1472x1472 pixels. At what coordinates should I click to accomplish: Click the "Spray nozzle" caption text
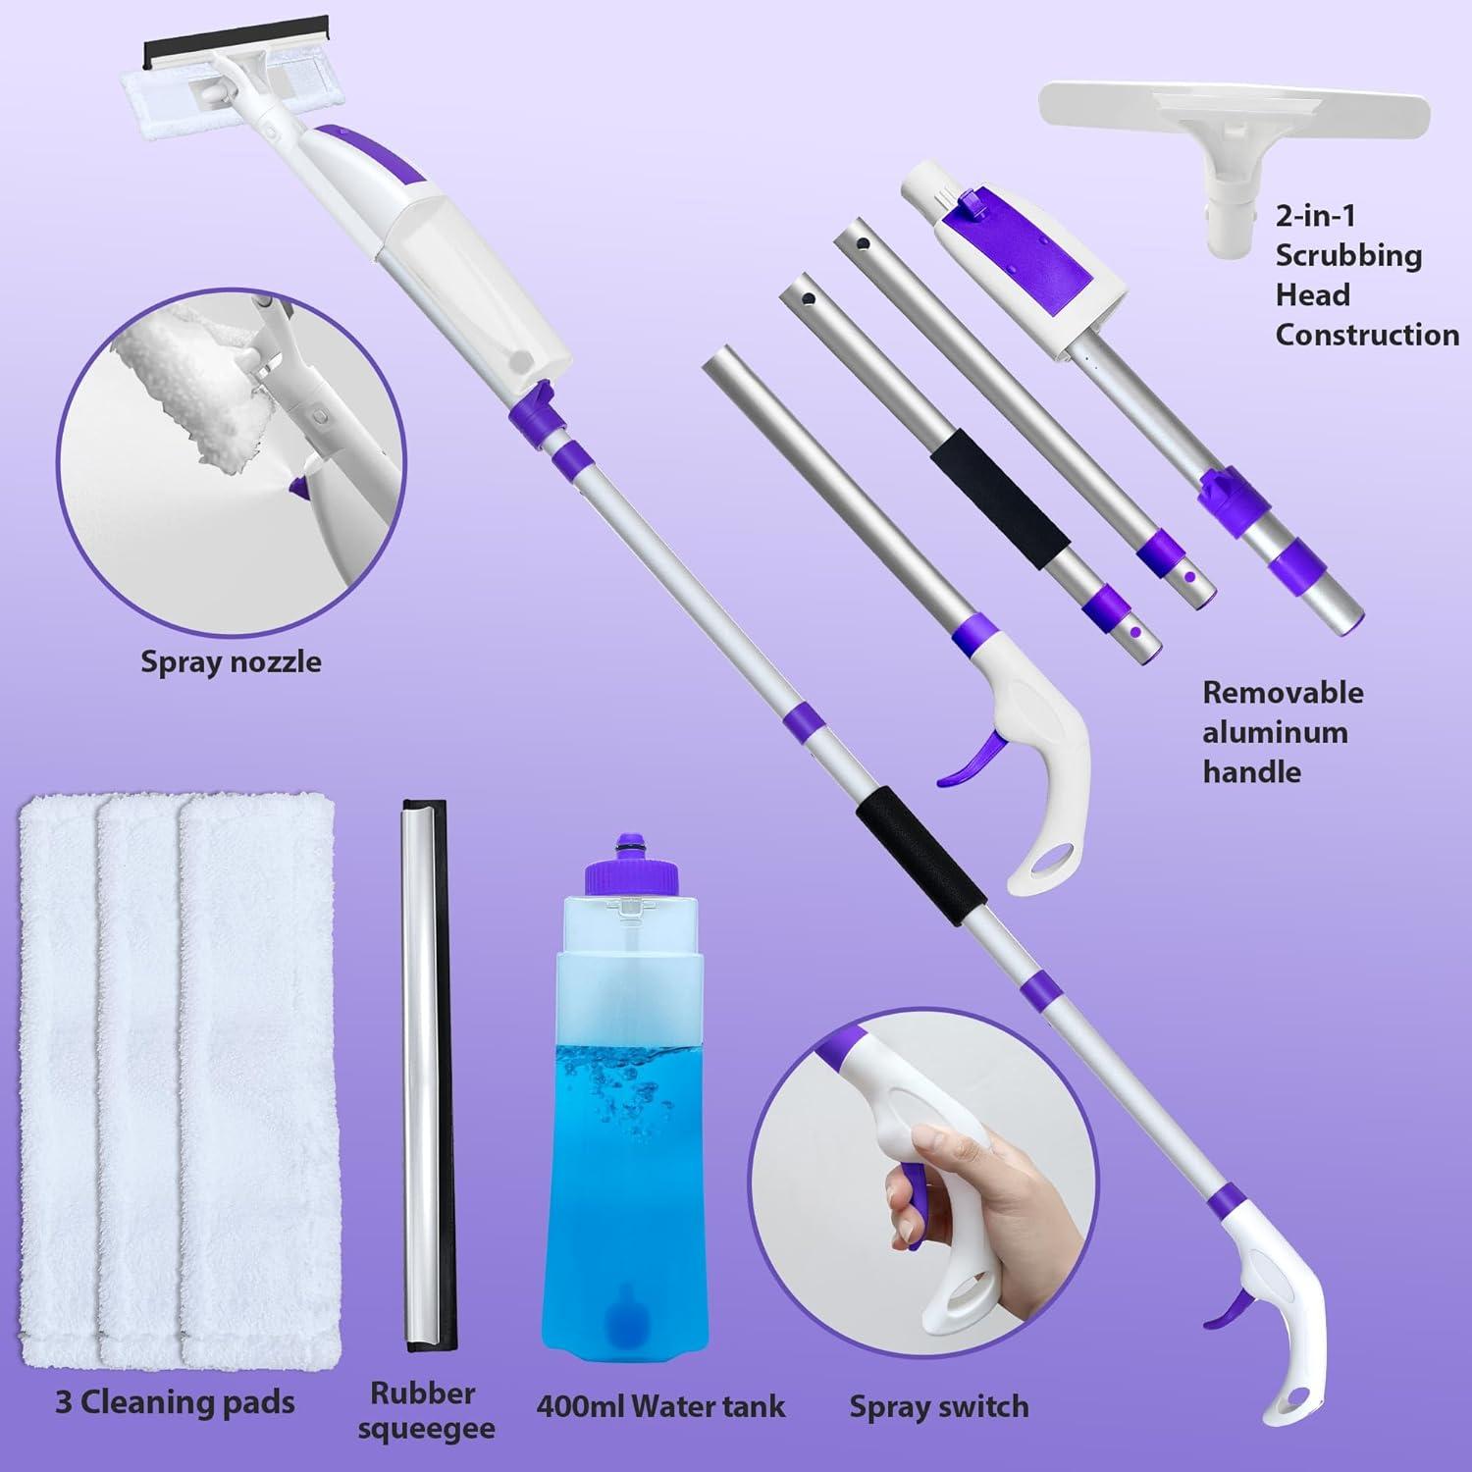[x=231, y=661]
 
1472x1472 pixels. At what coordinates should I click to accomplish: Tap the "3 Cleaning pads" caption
[x=175, y=1402]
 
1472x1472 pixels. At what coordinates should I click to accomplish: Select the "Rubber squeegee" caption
[x=424, y=1410]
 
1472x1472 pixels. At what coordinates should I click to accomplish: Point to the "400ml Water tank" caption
[x=660, y=1406]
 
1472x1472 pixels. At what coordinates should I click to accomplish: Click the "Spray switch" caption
[x=939, y=1406]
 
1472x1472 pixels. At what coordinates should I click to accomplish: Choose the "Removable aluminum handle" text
[x=1283, y=732]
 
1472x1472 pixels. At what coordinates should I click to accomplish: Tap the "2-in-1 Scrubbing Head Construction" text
[x=1366, y=275]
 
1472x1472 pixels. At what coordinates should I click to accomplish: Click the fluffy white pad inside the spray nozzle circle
[x=186, y=393]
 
